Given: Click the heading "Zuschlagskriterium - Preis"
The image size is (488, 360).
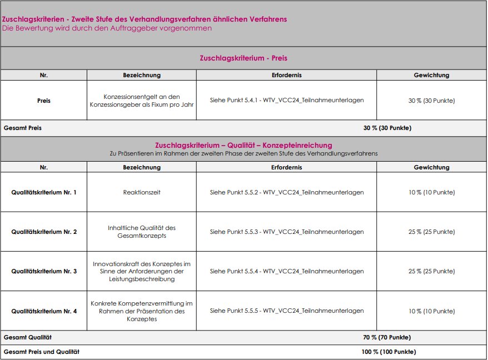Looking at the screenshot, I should [243, 58].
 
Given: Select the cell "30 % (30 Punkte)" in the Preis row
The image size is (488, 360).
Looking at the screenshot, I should [431, 101].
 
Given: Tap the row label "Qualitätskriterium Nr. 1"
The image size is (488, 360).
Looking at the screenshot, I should [44, 192].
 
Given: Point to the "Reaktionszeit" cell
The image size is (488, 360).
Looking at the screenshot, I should [142, 192].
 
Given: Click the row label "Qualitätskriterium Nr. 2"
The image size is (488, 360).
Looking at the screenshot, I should [44, 232].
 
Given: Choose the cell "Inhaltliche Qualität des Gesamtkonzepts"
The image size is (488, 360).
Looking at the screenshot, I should [142, 232].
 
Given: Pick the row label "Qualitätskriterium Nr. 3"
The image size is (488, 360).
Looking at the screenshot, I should [44, 271].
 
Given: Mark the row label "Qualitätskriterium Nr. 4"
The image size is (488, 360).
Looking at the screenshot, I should [44, 311].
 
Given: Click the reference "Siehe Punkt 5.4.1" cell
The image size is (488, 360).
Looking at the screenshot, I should [287, 101].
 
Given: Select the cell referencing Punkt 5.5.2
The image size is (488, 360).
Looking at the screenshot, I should [287, 192].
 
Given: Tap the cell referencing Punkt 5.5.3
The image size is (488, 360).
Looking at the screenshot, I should [287, 232].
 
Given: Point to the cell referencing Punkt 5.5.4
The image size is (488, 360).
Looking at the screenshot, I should [287, 271].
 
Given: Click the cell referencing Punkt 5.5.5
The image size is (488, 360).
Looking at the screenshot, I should [287, 311].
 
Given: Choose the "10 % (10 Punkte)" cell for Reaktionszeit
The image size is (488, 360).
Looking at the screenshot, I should [431, 192].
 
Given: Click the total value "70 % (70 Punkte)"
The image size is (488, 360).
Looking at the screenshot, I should [387, 337].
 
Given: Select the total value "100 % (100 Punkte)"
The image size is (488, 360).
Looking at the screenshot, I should [389, 352].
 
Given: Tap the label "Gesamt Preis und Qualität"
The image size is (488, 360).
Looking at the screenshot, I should [42, 352].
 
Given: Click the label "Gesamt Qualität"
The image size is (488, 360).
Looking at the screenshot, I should [28, 337].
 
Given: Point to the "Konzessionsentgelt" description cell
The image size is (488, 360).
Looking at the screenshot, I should [142, 101].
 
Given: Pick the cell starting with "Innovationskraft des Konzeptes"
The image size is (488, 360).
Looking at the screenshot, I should [142, 271].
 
